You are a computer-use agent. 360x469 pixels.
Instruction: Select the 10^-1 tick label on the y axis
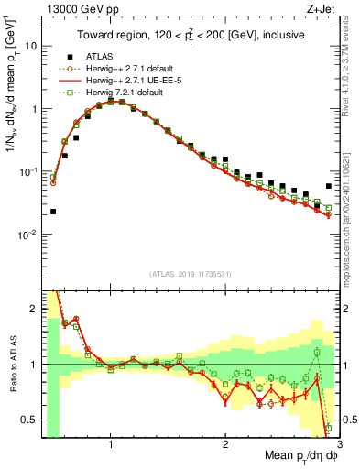click(28, 171)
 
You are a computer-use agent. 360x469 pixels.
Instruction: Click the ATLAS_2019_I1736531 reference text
click(189, 273)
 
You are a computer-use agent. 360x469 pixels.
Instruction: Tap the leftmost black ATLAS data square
click(53, 212)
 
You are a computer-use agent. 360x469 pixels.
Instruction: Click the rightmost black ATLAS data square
click(329, 186)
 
